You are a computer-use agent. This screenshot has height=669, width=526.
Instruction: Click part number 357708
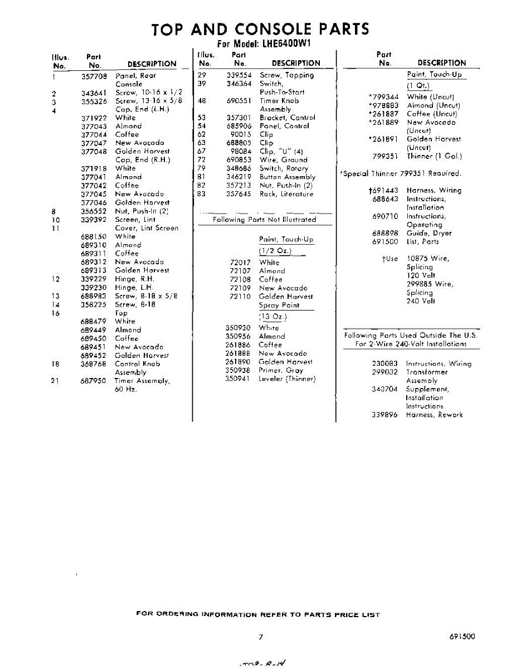click(94, 75)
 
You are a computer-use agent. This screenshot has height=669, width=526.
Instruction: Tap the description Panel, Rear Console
click(135, 79)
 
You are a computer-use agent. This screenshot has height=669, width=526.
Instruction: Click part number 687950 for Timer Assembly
click(94, 381)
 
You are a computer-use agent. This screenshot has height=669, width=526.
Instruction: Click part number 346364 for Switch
click(239, 84)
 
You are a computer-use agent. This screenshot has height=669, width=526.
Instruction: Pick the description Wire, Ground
click(283, 160)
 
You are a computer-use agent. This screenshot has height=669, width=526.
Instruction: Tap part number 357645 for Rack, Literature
click(239, 194)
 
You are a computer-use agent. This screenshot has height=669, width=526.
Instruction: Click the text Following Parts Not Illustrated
click(264, 220)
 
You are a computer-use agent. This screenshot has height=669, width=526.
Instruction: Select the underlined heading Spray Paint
click(279, 306)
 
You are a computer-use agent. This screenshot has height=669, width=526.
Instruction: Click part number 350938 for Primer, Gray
click(238, 370)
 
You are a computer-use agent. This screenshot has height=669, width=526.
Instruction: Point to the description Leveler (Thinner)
click(287, 379)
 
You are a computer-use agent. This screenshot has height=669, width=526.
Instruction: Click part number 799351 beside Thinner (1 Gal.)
click(385, 157)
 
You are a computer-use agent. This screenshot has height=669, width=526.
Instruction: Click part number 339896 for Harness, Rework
click(384, 415)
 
